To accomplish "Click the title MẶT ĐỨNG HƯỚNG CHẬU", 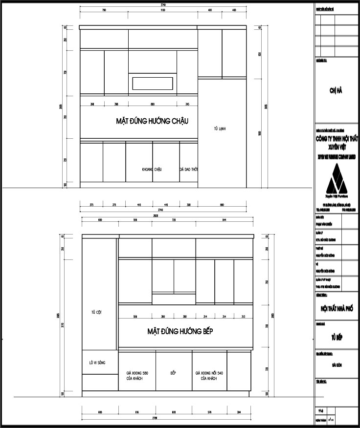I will click(x=152, y=121).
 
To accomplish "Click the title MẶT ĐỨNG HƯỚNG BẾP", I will click(x=180, y=331).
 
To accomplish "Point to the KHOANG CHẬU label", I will click(x=152, y=169).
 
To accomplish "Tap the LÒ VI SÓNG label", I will click(x=97, y=363).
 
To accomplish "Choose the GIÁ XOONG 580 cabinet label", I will click(x=137, y=376).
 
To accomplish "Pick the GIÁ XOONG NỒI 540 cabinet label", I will click(x=209, y=376).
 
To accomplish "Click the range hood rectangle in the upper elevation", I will click(x=153, y=83).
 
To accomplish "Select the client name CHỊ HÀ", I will click(x=337, y=90).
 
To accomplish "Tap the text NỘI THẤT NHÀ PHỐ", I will click(x=337, y=309).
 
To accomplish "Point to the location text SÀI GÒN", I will click(x=337, y=365).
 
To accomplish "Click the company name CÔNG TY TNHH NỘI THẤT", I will click(x=337, y=139).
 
